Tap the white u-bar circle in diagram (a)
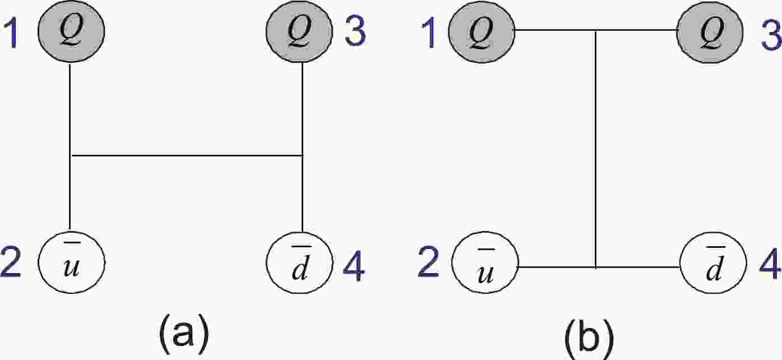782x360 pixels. [71, 261]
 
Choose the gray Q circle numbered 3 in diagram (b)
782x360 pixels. [710, 31]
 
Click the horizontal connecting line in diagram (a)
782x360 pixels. [185, 155]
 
